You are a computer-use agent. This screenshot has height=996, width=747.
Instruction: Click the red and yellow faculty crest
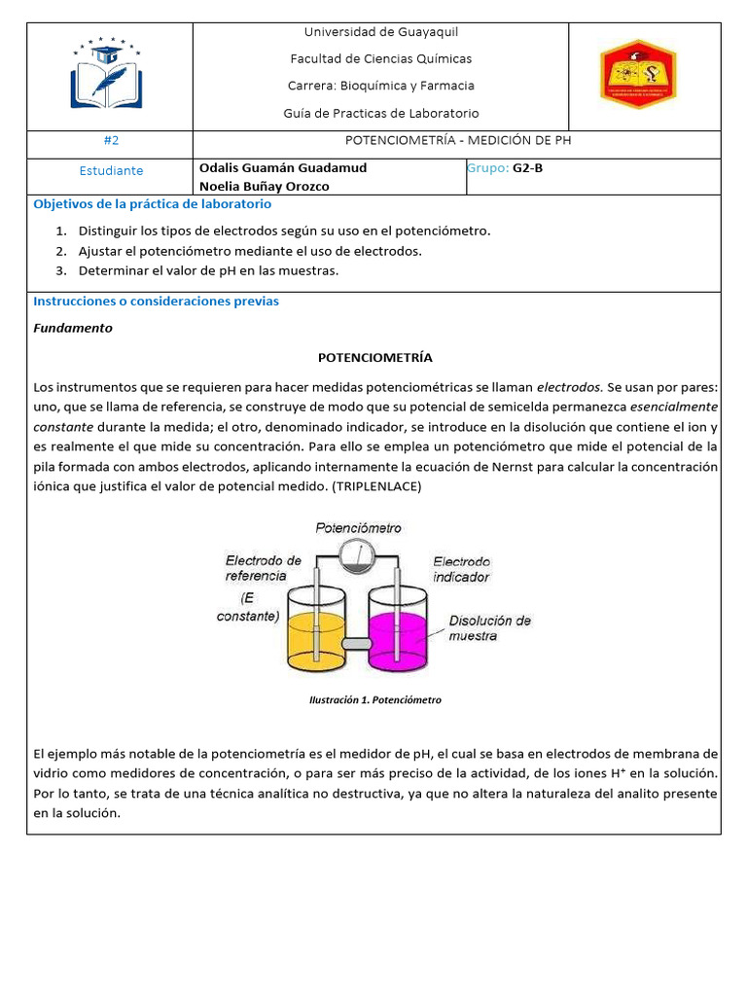(638, 74)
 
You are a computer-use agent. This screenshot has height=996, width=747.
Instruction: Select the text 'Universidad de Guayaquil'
(380, 32)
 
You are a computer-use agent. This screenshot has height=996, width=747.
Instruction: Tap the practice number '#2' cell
(110, 140)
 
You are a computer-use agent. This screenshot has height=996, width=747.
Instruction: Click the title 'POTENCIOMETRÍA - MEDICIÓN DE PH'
(456, 140)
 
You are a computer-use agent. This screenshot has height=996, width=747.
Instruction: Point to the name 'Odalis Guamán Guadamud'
(282, 167)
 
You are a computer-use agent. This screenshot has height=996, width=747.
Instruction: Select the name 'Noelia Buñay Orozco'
(264, 186)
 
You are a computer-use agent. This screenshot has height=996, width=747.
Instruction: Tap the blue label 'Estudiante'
(111, 170)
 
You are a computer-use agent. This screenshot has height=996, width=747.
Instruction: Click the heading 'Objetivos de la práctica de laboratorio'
(153, 204)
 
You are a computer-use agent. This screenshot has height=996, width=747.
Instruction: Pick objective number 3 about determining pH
(208, 270)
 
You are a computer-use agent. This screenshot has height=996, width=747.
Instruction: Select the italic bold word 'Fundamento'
(73, 328)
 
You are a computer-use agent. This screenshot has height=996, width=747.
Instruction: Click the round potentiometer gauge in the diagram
(358, 555)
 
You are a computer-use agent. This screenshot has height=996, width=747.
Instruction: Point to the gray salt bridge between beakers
(358, 643)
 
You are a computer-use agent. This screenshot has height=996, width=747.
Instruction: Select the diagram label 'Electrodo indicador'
(462, 569)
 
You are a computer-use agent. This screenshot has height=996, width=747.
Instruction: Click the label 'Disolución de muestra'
(489, 627)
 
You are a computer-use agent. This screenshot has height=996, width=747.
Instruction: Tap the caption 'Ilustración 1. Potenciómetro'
(374, 699)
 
